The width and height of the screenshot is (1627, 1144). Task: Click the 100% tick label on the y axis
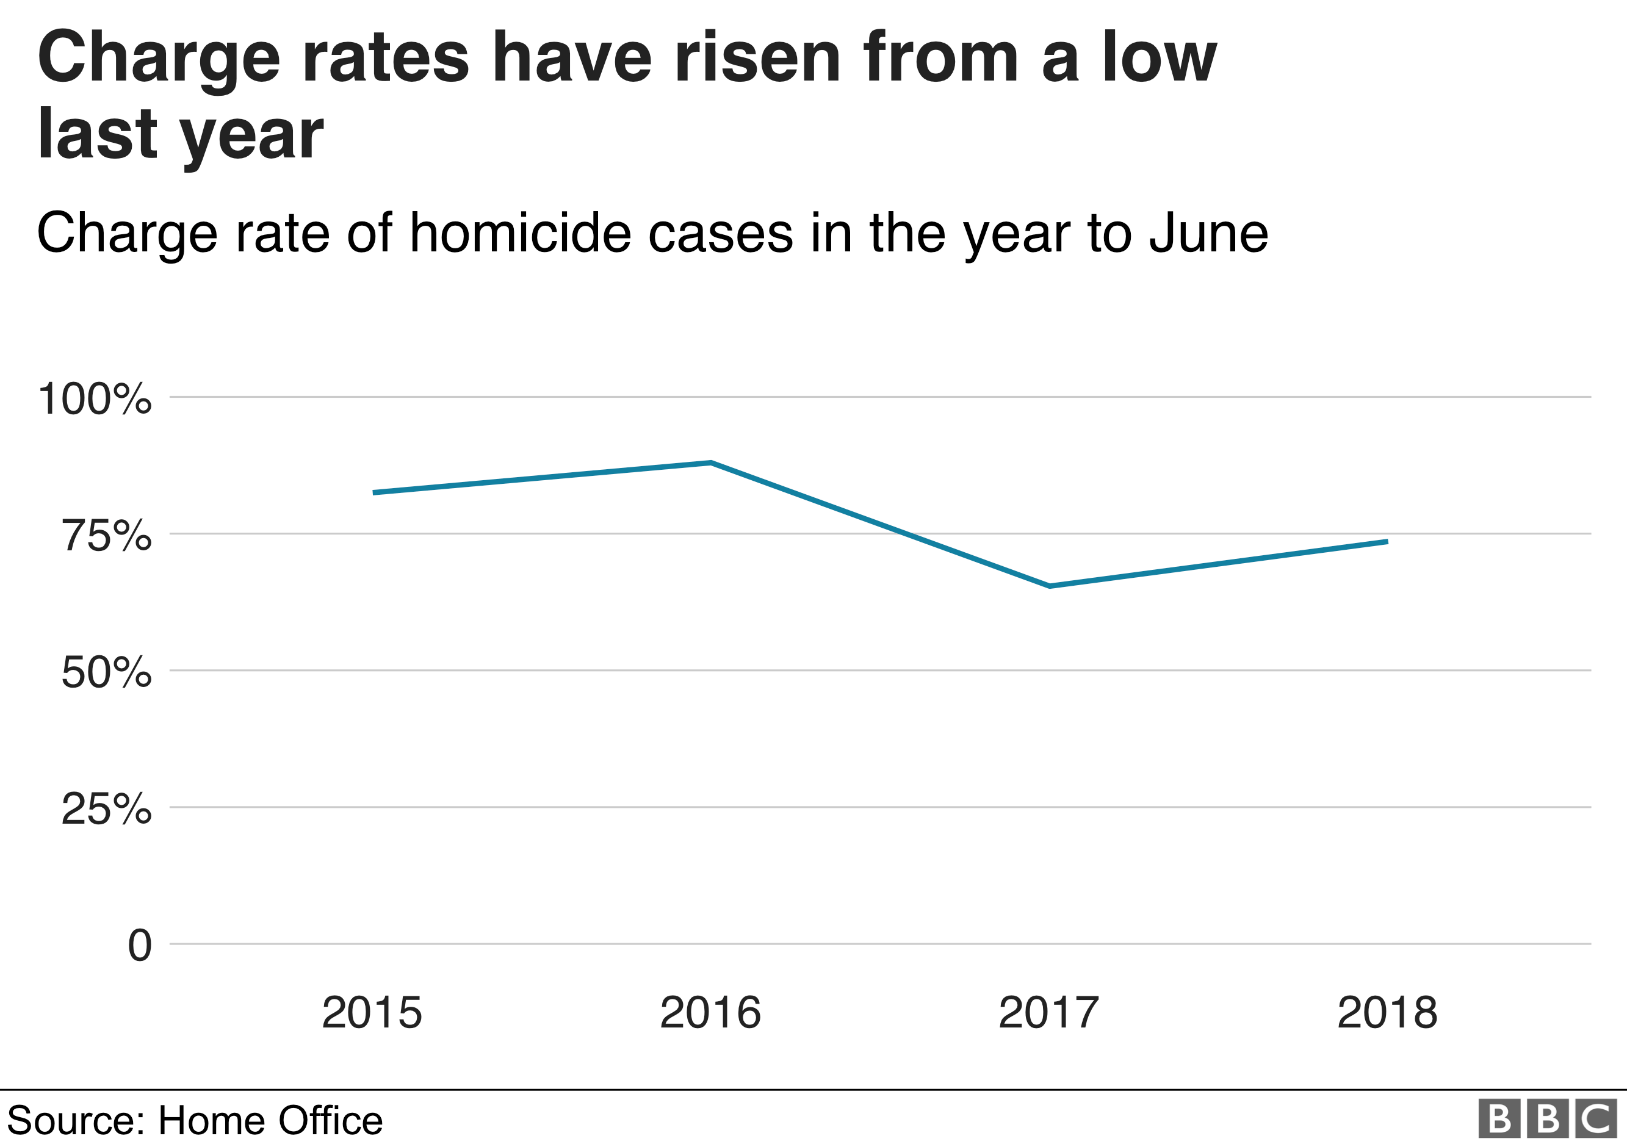click(x=94, y=399)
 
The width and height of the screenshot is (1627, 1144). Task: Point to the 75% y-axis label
click(x=106, y=536)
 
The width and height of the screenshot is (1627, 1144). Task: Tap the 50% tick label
click(x=106, y=672)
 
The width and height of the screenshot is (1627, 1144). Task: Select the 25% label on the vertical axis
click(x=106, y=809)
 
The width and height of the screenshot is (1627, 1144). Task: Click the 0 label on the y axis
click(x=140, y=946)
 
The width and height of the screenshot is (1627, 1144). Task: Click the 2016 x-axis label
click(x=710, y=1013)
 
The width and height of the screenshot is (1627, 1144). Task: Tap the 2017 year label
click(x=1049, y=1013)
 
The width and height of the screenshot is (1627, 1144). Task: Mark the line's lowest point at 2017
click(x=1050, y=586)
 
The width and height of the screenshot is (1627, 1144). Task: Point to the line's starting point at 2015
click(x=373, y=492)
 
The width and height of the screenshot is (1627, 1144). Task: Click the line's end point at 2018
click(x=1387, y=542)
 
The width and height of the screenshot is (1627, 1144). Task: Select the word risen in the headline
click(x=757, y=58)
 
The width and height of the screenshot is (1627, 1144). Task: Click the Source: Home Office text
click(x=195, y=1120)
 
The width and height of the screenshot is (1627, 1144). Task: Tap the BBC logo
click(x=1548, y=1119)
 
